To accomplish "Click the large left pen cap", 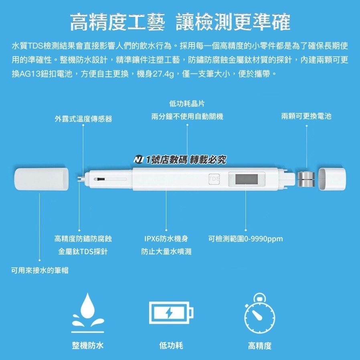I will (41, 179).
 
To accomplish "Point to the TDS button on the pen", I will (214, 178).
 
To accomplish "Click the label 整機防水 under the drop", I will (88, 345).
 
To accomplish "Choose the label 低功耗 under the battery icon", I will (171, 345).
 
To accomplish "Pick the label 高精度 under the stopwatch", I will (260, 345).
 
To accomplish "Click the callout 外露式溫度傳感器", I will (83, 119).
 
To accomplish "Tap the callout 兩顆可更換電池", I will (306, 116).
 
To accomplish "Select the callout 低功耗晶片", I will (187, 104).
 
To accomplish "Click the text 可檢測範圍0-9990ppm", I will (246, 239).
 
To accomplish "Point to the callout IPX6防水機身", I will (166, 239).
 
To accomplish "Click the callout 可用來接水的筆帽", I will (39, 270).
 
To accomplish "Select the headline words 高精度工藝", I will (117, 22).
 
